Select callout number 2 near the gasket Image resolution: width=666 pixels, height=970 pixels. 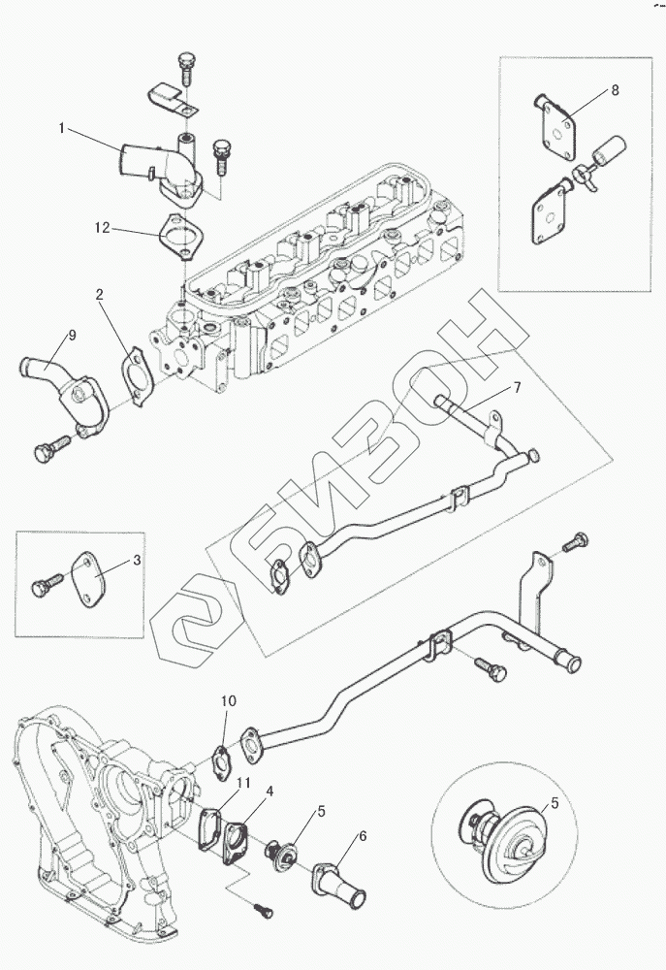(x=99, y=293)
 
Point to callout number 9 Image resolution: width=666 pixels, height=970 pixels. (x=72, y=337)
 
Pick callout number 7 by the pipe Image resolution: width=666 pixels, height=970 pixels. (x=517, y=388)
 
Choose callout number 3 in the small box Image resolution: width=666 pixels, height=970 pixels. (x=137, y=561)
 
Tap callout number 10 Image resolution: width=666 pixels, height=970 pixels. (x=229, y=699)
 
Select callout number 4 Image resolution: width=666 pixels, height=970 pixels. (x=270, y=791)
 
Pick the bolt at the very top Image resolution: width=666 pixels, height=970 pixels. (x=186, y=65)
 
